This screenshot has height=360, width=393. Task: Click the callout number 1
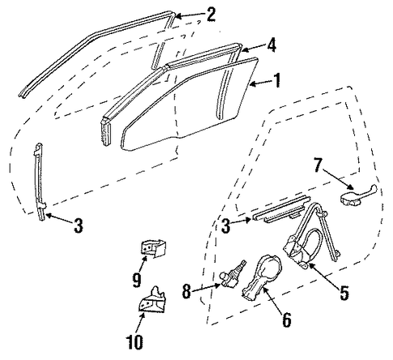276,80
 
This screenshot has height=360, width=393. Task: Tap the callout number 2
211,15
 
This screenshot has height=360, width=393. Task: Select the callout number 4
271,45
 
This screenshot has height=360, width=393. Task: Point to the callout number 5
344,293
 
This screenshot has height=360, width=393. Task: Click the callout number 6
287,319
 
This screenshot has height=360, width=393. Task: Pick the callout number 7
318,165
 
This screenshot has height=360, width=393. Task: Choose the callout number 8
186,291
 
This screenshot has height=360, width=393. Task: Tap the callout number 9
137,280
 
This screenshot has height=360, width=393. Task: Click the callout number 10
135,342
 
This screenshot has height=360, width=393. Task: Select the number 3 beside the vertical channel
79,226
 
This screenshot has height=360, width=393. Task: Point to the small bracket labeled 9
152,248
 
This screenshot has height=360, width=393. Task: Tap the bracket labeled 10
152,300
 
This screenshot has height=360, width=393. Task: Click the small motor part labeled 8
233,275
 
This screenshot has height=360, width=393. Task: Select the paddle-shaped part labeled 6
261,276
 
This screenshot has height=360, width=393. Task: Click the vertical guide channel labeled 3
40,182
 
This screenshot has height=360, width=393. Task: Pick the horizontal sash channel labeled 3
281,208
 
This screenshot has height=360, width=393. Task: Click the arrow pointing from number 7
338,178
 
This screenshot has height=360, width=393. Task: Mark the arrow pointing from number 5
324,276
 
